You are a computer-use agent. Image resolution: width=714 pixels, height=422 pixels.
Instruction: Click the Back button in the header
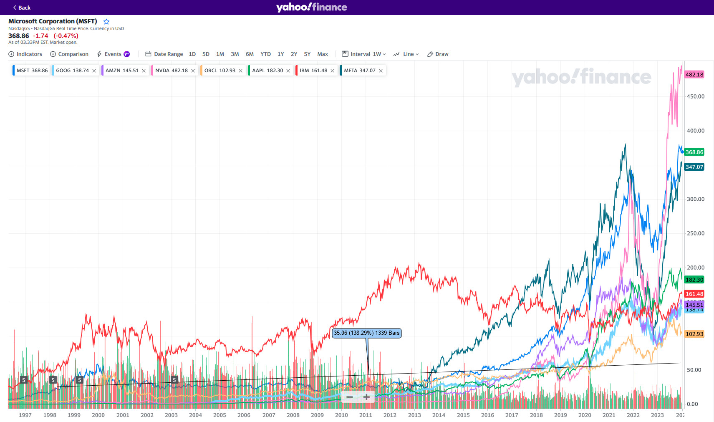[22, 8]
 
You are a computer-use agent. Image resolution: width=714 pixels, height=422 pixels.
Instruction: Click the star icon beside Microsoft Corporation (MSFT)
[106, 22]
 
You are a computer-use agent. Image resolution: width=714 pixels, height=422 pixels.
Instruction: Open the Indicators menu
[25, 54]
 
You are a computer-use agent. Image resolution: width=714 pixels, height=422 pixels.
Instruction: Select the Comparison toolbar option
[69, 54]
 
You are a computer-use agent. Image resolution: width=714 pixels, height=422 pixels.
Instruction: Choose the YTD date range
[265, 54]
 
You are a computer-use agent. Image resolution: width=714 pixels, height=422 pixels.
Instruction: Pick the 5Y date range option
[307, 54]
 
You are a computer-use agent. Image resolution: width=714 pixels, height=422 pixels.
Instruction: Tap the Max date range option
[323, 54]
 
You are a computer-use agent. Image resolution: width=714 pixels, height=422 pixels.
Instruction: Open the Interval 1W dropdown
[364, 54]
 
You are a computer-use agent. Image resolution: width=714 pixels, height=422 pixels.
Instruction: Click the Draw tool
[438, 54]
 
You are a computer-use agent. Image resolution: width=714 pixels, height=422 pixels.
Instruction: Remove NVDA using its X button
[193, 71]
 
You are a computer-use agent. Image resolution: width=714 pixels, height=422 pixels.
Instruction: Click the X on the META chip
[381, 71]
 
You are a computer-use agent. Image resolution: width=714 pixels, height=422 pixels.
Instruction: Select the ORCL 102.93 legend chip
[219, 71]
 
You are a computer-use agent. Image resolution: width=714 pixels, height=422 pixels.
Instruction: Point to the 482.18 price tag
[694, 75]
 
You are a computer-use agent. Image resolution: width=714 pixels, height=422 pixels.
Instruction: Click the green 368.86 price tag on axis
[694, 152]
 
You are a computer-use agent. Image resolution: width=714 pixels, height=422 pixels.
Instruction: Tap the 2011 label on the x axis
[366, 415]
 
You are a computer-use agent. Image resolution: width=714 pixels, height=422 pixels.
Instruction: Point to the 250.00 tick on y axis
[696, 233]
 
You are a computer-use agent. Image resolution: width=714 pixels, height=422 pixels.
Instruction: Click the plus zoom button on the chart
[366, 397]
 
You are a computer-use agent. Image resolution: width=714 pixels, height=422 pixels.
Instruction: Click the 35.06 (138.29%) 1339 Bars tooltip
[366, 333]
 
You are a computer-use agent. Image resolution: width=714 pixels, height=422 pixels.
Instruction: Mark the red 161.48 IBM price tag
[694, 294]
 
